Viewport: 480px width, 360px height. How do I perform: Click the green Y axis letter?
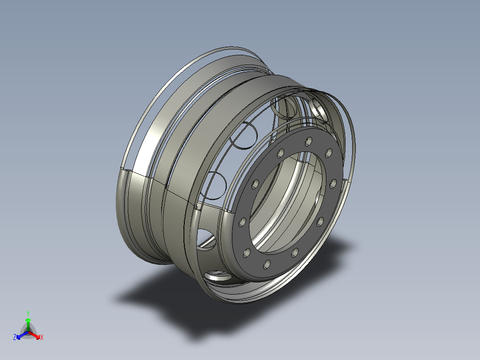tap(28, 313)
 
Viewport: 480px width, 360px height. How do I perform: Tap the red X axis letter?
tap(42, 338)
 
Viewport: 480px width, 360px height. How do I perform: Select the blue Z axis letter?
tap(15, 338)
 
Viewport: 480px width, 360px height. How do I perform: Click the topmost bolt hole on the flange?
tap(309, 141)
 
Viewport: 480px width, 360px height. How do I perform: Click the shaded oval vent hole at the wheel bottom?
tap(219, 277)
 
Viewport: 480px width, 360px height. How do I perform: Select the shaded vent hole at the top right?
tap(319, 109)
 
